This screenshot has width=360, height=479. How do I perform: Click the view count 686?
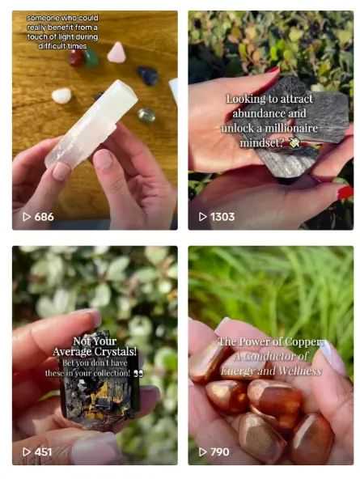coord(44,217)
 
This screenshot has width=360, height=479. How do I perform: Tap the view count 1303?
coord(222,217)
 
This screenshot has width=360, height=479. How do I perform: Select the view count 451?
coord(43,451)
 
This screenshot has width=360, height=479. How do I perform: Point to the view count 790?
coord(220,451)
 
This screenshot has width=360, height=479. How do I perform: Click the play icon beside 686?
coord(27,217)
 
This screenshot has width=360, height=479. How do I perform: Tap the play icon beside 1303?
coord(203,217)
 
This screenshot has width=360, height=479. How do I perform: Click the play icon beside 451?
coord(27,451)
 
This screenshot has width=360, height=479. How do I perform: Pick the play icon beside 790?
coord(203,451)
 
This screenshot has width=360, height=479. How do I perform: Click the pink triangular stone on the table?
coord(116,53)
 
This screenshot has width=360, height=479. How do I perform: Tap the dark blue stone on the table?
coord(148,75)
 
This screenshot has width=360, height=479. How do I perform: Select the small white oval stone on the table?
coord(61,95)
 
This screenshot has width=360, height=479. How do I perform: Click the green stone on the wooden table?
coord(91,58)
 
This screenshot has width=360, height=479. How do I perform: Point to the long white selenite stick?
coord(91,124)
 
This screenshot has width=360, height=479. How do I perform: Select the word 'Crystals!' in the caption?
coord(116,352)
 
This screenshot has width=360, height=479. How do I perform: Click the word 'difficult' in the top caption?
coord(51,46)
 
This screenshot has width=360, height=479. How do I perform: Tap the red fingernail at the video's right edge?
coord(345,193)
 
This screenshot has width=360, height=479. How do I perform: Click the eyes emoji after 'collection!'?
coord(138,373)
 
